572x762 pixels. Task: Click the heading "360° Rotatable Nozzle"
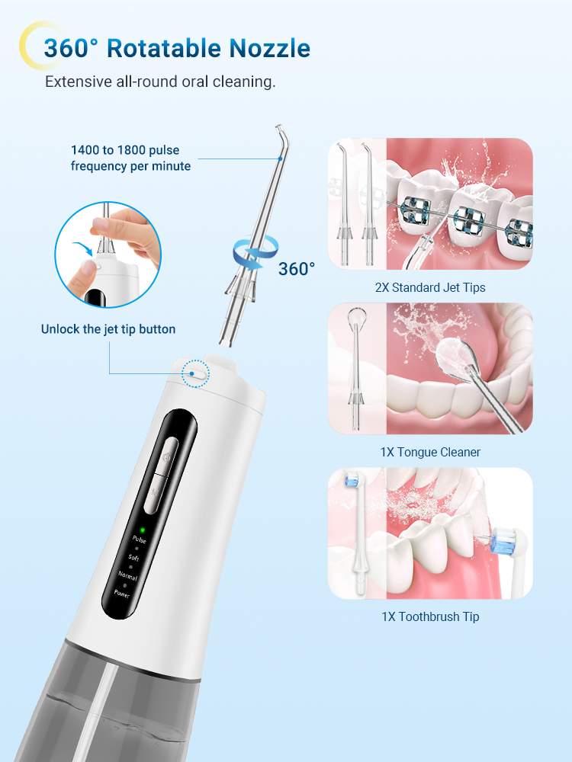176,48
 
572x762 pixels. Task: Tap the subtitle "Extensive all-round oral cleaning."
160,82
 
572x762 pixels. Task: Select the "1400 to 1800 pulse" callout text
125,151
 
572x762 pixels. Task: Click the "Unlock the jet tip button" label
108,329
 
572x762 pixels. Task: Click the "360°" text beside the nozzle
297,269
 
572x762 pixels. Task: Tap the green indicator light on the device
142,528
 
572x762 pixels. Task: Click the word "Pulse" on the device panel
139,539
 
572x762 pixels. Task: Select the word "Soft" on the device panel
133,558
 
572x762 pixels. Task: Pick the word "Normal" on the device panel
127,575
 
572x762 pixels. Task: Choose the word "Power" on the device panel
122,592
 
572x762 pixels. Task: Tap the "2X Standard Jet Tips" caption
431,287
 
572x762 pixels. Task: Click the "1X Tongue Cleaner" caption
431,453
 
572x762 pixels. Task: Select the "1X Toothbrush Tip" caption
431,616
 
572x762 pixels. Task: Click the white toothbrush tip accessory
357,533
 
